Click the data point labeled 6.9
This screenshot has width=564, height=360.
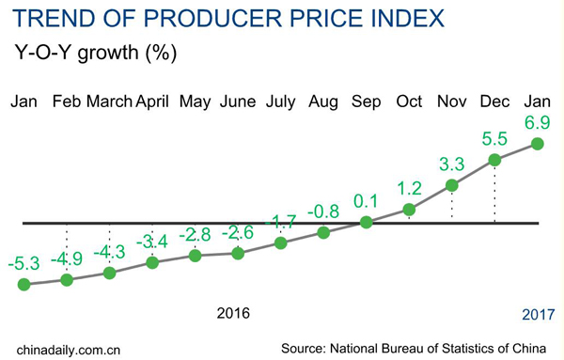(538, 143)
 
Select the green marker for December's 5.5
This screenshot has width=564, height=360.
(495, 161)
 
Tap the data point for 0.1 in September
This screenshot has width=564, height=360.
(367, 222)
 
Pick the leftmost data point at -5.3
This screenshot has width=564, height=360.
(23, 284)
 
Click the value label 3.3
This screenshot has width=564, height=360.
(452, 164)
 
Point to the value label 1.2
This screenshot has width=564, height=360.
(409, 188)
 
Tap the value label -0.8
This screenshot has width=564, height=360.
(323, 210)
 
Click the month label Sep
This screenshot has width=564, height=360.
(367, 102)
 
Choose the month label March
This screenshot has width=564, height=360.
(109, 102)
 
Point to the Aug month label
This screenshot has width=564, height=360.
(323, 102)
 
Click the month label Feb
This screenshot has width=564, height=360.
(66, 102)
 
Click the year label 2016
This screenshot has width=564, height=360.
(233, 312)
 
